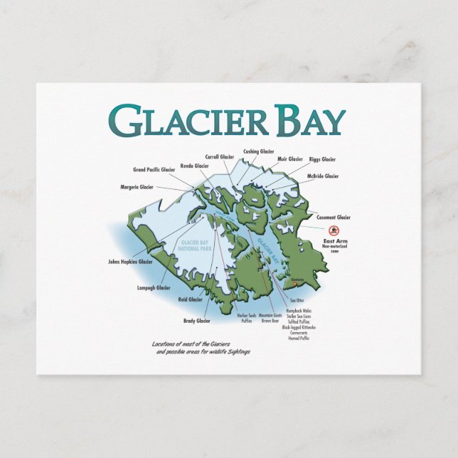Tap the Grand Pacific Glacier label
[154, 170]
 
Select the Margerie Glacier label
[137, 187]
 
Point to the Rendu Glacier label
[194, 166]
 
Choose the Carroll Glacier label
[220, 156]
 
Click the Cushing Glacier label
[259, 151]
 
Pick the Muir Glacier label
[289, 159]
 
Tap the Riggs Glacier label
[323, 159]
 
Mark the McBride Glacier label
[323, 176]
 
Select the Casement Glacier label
[334, 217]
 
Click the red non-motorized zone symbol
[334, 231]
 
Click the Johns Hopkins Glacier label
[131, 262]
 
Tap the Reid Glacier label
[190, 300]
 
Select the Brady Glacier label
[197, 321]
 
